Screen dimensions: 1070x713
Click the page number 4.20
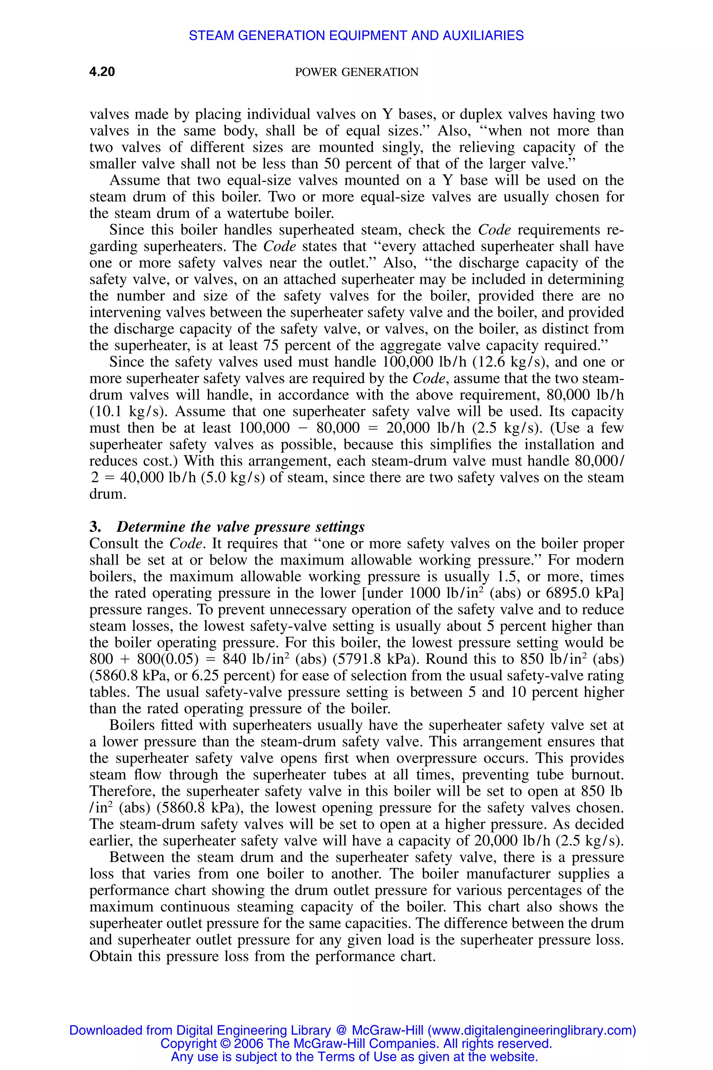point(102,72)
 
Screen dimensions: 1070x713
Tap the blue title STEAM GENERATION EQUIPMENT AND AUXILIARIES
point(356,36)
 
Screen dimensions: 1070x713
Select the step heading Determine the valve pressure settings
point(241,527)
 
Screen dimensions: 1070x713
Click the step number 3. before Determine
point(95,527)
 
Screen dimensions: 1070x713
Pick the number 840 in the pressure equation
point(235,659)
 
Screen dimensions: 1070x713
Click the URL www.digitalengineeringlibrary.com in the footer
point(532,1030)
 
